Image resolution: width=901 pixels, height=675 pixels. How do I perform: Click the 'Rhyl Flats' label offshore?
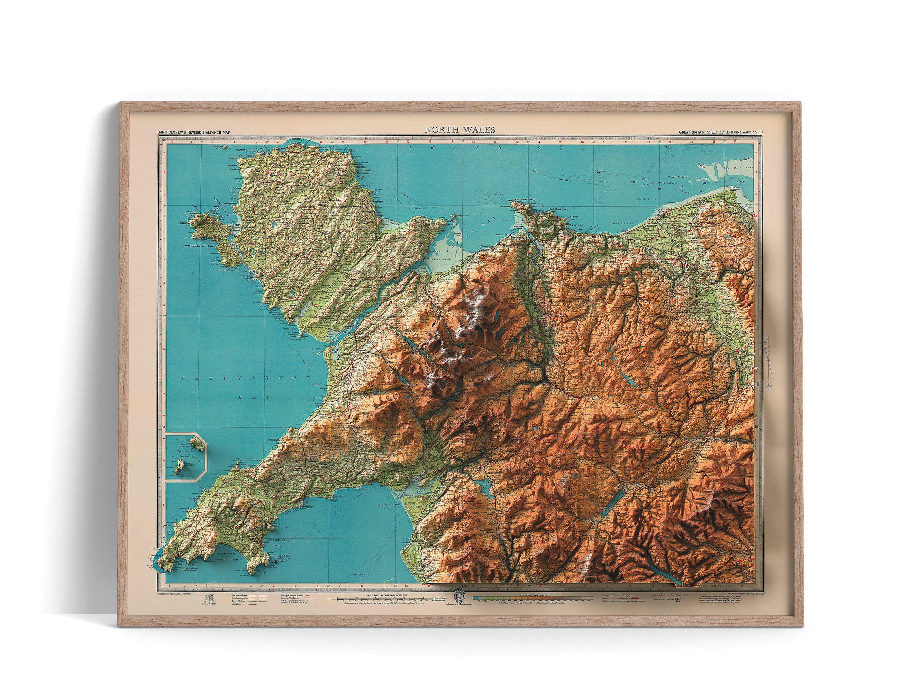648,199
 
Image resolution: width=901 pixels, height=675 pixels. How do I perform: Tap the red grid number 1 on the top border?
173,142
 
